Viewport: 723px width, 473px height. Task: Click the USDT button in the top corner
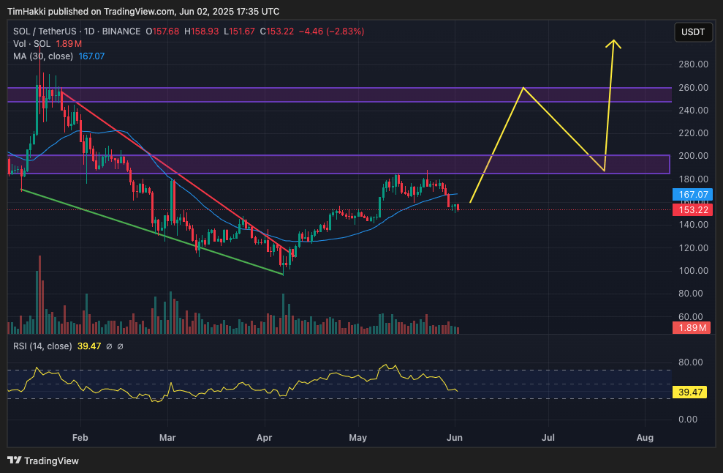point(692,32)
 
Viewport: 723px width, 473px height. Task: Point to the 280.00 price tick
point(692,64)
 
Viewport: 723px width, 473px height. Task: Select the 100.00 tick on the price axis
point(692,271)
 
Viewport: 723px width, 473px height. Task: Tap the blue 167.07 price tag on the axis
point(691,195)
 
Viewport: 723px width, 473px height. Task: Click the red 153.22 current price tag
point(691,210)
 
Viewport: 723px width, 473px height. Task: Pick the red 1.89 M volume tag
point(691,328)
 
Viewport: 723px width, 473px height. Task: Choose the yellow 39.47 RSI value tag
point(691,392)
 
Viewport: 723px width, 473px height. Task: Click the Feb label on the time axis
point(80,438)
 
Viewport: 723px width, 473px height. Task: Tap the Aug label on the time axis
point(645,438)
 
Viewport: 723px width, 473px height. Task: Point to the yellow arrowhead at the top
point(614,42)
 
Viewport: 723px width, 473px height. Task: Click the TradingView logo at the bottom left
point(43,461)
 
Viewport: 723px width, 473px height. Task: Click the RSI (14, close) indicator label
point(42,346)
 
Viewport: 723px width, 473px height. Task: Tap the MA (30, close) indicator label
point(43,56)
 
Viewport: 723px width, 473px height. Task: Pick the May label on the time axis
point(357,438)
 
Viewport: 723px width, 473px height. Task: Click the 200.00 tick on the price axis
point(692,156)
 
